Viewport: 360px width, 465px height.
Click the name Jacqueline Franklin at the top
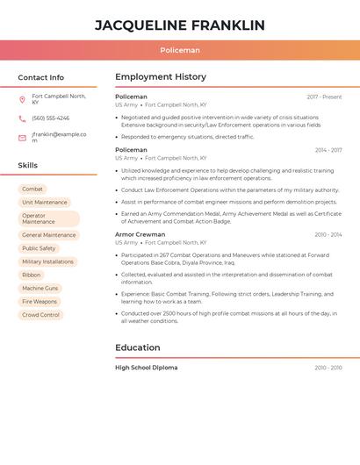[179, 25]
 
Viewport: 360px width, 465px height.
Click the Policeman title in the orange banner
[179, 51]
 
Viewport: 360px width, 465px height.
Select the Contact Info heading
[40, 77]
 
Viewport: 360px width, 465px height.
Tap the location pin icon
[22, 99]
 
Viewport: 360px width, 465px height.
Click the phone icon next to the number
[22, 118]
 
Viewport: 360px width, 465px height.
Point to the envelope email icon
[22, 138]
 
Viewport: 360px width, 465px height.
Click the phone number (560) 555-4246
[50, 118]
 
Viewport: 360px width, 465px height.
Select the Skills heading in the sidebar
[27, 165]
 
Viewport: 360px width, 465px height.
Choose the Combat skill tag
[32, 190]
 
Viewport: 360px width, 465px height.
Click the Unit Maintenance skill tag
[45, 203]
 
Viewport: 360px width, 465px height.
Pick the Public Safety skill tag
[39, 248]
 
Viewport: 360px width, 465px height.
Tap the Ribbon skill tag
[32, 275]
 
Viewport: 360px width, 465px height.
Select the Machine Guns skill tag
[40, 288]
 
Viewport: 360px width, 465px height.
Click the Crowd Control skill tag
[41, 315]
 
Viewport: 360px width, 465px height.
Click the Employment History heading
[161, 77]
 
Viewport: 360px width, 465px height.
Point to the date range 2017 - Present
[324, 97]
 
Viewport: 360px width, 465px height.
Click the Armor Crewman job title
[140, 235]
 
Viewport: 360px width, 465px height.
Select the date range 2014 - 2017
[328, 150]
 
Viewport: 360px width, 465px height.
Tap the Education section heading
[137, 347]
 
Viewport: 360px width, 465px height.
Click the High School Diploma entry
[146, 368]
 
